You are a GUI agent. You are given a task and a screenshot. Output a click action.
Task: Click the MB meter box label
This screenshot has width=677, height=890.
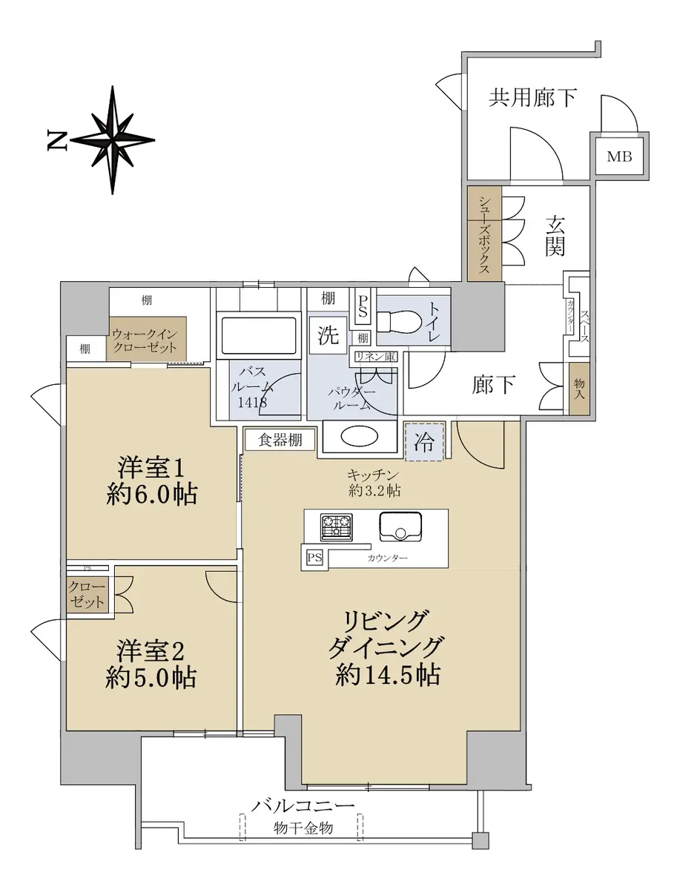tap(619, 156)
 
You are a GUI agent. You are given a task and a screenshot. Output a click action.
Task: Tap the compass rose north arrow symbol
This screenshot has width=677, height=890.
tap(112, 140)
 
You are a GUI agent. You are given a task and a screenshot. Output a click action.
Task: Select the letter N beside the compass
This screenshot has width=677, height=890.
tap(57, 140)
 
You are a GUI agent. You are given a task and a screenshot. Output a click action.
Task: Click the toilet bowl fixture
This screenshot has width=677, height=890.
tap(399, 322)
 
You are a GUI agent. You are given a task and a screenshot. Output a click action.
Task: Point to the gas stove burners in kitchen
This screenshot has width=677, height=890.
tap(336, 527)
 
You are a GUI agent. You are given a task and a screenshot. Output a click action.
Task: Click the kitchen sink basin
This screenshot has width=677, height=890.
tap(400, 527)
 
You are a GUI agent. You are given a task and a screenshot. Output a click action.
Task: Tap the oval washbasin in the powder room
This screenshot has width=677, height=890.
tap(359, 436)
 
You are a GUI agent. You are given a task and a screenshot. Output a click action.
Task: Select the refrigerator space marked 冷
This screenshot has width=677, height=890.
tap(424, 441)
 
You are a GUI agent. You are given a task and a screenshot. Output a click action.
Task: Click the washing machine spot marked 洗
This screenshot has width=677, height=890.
tap(328, 335)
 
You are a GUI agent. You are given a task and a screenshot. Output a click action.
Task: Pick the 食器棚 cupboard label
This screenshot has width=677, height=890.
tap(280, 440)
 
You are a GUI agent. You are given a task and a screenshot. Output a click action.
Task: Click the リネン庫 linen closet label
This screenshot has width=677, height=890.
tap(375, 357)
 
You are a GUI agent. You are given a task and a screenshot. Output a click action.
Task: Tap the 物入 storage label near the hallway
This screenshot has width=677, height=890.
tap(579, 388)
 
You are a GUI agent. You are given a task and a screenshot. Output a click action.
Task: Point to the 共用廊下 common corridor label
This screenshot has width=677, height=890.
tap(532, 97)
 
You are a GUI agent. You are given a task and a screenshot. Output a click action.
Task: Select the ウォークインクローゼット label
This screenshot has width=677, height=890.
tap(145, 341)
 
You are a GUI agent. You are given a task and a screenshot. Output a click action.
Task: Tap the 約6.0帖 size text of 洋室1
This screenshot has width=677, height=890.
tap(151, 494)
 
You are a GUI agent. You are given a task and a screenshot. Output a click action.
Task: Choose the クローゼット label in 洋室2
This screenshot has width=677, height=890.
tap(87, 595)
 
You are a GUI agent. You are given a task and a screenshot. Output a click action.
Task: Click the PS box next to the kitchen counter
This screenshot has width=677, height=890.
tap(314, 558)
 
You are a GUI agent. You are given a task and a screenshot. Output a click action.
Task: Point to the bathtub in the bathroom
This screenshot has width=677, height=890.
tap(258, 335)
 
